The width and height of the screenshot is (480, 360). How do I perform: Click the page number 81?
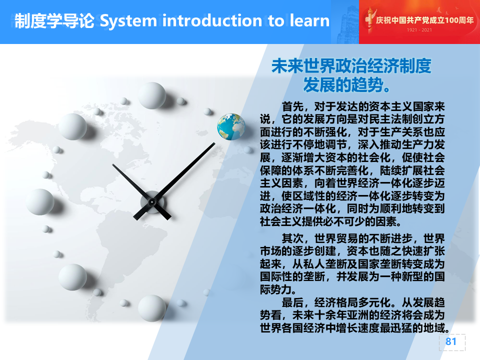coord(451,341)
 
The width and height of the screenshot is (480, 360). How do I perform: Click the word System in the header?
coord(128,21)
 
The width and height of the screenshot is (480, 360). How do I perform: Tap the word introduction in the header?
coord(212,20)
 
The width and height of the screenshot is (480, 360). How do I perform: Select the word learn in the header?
coord(309,20)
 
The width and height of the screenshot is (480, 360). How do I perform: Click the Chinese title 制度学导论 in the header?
coord(54,21)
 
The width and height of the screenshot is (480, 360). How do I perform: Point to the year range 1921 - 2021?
coord(419,30)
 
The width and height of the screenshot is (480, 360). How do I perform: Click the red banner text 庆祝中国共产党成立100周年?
coord(424,20)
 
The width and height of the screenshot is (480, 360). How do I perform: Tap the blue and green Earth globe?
coord(231,126)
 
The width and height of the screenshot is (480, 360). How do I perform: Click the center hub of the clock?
coord(152,201)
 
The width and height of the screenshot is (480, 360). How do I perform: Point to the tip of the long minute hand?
coord(215,143)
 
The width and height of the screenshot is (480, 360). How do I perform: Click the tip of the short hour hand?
coord(112,164)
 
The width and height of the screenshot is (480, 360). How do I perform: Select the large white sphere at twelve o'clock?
coord(152,95)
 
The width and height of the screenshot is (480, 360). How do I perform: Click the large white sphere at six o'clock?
coord(152,308)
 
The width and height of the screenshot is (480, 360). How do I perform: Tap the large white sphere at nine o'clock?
coord(40,201)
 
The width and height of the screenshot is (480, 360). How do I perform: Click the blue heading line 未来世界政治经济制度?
coord(351,66)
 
